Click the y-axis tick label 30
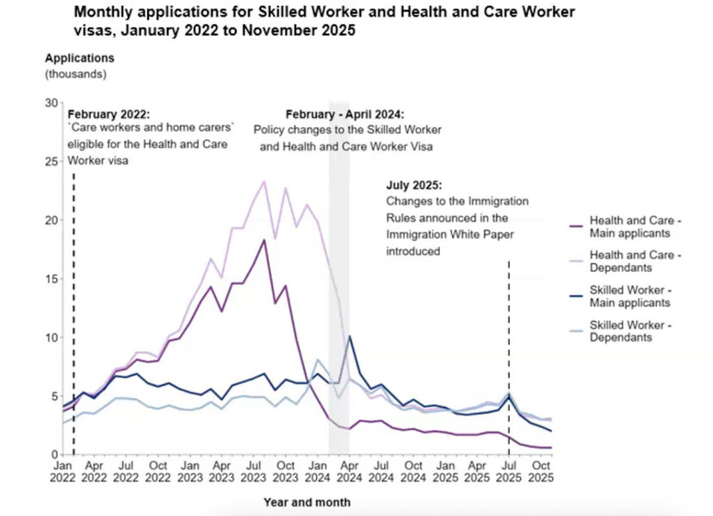pos(50,103)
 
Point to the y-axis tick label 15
pos(50,279)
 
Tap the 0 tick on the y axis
pos(53,454)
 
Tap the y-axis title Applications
pos(79,58)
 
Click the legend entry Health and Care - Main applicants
pos(635,227)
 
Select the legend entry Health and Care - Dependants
pos(635,262)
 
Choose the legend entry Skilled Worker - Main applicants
pos(635,297)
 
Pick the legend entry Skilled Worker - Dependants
pos(635,331)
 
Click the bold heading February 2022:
pos(108,114)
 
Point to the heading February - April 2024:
pos(344,114)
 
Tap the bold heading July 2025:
pos(413,185)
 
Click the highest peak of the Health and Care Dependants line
pos(263,181)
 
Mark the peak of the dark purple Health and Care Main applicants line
pos(263,240)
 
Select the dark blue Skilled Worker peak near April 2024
pos(349,336)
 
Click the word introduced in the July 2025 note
pos(413,252)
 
